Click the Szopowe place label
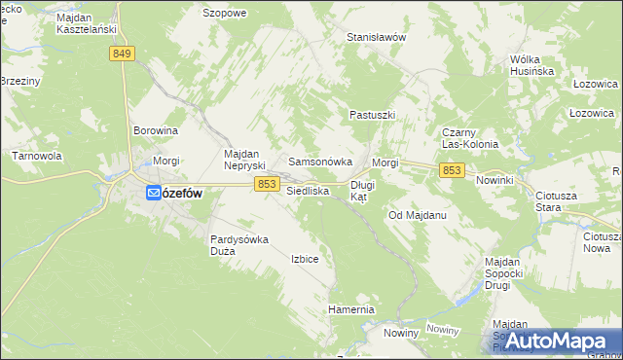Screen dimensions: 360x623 [x=224, y=14]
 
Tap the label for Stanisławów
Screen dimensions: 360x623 [x=376, y=37]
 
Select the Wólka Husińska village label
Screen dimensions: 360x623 [x=531, y=65]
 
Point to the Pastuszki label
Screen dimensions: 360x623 [x=372, y=115]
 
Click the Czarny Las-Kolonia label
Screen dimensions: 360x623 [x=470, y=138]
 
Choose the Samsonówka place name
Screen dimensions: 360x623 [x=312, y=162]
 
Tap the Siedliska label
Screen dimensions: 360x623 [x=308, y=192]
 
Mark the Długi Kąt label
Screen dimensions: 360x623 [x=362, y=190]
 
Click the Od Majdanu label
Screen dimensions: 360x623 [x=417, y=214]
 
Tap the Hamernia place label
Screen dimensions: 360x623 [x=351, y=309]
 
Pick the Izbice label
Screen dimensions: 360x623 [x=305, y=259]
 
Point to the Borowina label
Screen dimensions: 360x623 [x=156, y=129]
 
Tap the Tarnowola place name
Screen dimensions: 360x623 [x=36, y=156]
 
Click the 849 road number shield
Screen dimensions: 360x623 [x=122, y=54]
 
